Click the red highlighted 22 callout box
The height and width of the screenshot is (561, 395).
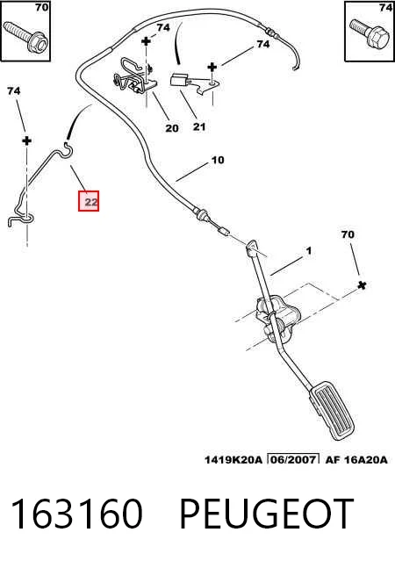89,201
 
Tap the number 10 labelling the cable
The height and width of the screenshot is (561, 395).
218,160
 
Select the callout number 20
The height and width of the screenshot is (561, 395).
172,127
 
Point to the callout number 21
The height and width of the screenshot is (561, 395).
199,126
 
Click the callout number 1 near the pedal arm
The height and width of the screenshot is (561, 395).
309,251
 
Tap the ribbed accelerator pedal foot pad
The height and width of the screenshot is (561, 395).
332,410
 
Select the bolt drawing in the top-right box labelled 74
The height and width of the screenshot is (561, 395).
370,34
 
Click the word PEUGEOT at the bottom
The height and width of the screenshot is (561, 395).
266,514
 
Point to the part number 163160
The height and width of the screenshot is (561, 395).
76,514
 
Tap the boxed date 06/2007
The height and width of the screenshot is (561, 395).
293,459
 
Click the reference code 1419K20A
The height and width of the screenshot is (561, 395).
233,459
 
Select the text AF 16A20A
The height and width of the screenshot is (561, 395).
356,459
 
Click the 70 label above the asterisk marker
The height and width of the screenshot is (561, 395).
348,234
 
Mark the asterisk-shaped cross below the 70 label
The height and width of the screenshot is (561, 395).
362,285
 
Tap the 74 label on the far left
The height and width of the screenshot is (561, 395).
13,91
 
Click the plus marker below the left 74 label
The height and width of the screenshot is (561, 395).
26,140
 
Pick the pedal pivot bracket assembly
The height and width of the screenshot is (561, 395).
274,319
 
